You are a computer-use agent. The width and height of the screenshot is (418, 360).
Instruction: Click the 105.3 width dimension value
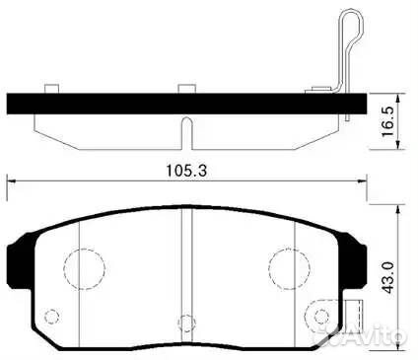[x=183, y=169]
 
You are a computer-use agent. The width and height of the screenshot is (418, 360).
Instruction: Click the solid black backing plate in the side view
[x=177, y=101]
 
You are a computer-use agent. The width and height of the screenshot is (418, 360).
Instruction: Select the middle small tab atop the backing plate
[x=182, y=88]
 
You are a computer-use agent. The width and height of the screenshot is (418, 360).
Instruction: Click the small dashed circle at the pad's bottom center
[x=181, y=320]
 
